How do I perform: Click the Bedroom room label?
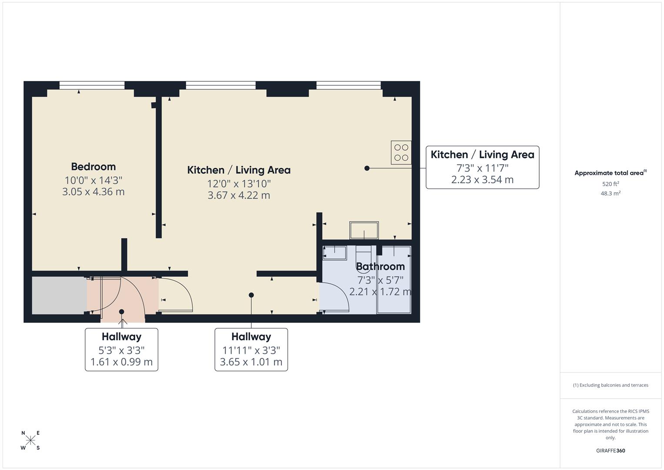point(93,167)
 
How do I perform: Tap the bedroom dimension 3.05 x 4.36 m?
point(93,192)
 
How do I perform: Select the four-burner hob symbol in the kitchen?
point(401,152)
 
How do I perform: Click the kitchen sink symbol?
point(364,230)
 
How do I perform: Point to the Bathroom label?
point(380,266)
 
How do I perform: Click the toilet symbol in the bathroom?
point(364,255)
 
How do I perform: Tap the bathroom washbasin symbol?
point(334,253)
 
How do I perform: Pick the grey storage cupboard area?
point(59,295)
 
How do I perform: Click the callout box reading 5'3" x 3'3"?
point(121,349)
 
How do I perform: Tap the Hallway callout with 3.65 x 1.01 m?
point(251,349)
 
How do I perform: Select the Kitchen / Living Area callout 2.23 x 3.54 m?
point(482,168)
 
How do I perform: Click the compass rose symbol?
point(30,440)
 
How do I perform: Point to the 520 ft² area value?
point(611,184)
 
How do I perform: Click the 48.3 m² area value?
point(611,194)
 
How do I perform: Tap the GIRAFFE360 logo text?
point(611,451)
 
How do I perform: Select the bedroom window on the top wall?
point(92,85)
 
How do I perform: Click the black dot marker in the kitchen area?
point(367,168)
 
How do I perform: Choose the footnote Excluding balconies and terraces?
point(611,385)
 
